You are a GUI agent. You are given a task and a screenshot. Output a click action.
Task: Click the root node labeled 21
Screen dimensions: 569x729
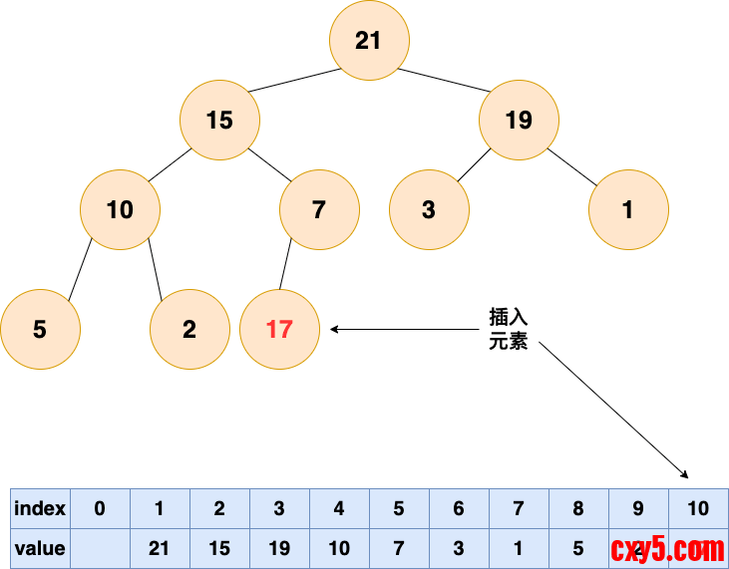pos(369,40)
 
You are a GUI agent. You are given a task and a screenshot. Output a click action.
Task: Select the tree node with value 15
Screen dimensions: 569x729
pos(219,120)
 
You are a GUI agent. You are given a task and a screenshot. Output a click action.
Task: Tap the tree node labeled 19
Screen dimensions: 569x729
pos(519,120)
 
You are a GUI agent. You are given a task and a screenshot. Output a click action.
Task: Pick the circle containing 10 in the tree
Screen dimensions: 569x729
pos(120,209)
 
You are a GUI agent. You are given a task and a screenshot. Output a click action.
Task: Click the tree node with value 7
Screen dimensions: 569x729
pos(319,209)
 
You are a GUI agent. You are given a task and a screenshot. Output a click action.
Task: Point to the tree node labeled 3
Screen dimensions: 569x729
pos(429,209)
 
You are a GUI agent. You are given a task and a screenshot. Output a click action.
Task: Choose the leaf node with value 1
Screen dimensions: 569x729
pos(628,209)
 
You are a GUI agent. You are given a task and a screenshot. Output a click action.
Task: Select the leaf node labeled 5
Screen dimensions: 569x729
pos(40,329)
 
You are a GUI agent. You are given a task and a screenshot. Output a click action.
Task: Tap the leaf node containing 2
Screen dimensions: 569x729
pos(189,329)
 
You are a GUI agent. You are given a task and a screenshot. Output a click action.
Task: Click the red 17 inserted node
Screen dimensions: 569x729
pos(279,329)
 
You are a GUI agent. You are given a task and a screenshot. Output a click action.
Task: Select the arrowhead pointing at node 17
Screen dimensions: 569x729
pos(336,329)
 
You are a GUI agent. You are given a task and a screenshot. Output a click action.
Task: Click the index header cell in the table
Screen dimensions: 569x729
pos(40,509)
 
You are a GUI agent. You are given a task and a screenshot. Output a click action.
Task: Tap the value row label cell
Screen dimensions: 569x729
pos(40,549)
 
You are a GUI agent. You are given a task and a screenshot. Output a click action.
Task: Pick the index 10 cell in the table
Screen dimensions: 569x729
pos(698,509)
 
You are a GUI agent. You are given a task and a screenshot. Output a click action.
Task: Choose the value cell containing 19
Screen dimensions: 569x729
pos(279,549)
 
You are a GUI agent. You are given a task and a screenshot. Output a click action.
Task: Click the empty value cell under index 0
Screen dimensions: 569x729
pos(100,549)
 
